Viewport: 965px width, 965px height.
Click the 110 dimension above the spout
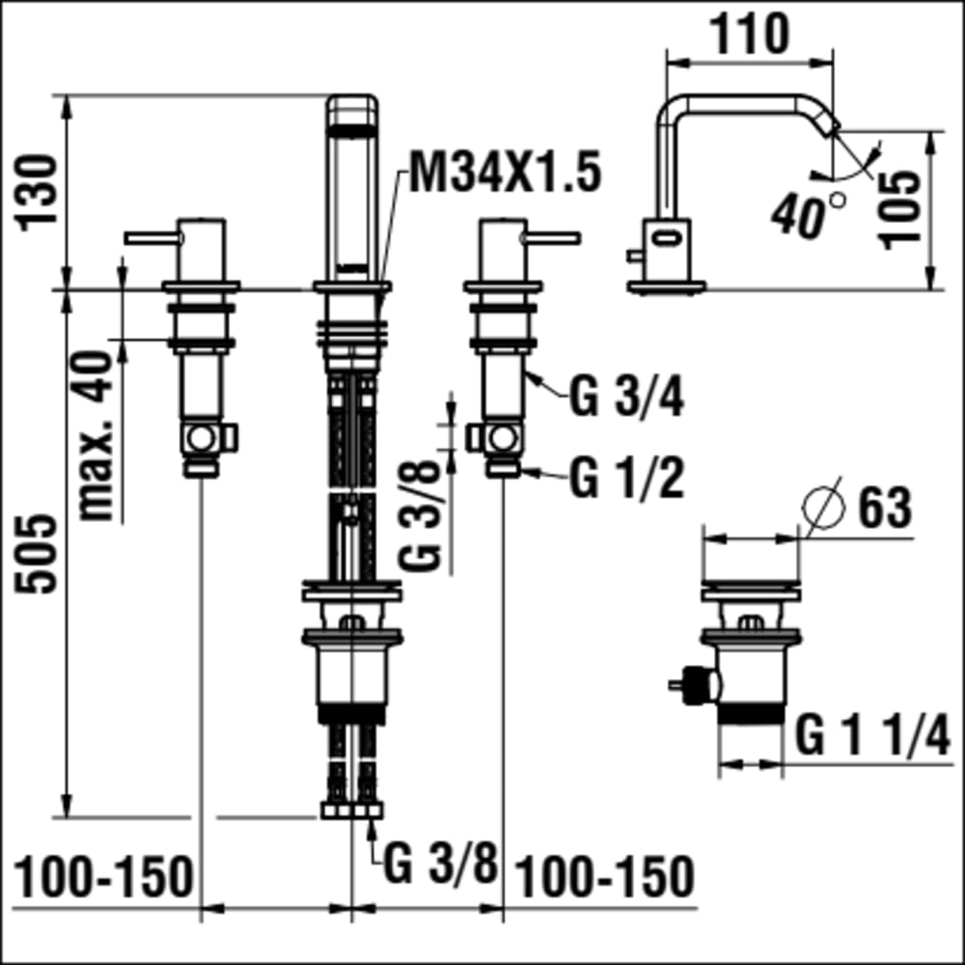(x=749, y=35)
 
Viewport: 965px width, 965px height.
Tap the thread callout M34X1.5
(x=505, y=173)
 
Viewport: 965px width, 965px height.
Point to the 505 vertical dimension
(x=36, y=553)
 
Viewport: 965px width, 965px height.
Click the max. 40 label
(x=96, y=435)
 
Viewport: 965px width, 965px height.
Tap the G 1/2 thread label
(x=626, y=479)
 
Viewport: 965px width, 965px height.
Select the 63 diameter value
(x=884, y=508)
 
